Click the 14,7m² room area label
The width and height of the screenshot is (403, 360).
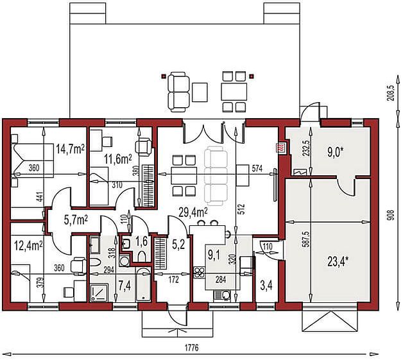pyautogui.click(x=70, y=150)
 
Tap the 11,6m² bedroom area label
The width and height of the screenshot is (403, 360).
pyautogui.click(x=118, y=160)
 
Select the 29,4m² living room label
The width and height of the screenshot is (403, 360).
pyautogui.click(x=194, y=212)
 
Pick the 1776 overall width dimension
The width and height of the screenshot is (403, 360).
pyautogui.click(x=192, y=348)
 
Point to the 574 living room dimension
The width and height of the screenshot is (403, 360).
pyautogui.click(x=257, y=169)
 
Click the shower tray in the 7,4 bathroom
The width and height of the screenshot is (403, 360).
pyautogui.click(x=99, y=293)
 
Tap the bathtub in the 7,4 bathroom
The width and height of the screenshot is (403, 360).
pyautogui.click(x=142, y=285)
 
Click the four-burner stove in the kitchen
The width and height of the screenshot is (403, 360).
pyautogui.click(x=199, y=272)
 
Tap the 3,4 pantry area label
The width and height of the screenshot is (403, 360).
pyautogui.click(x=266, y=286)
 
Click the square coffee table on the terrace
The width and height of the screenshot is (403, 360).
pyautogui.click(x=200, y=92)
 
